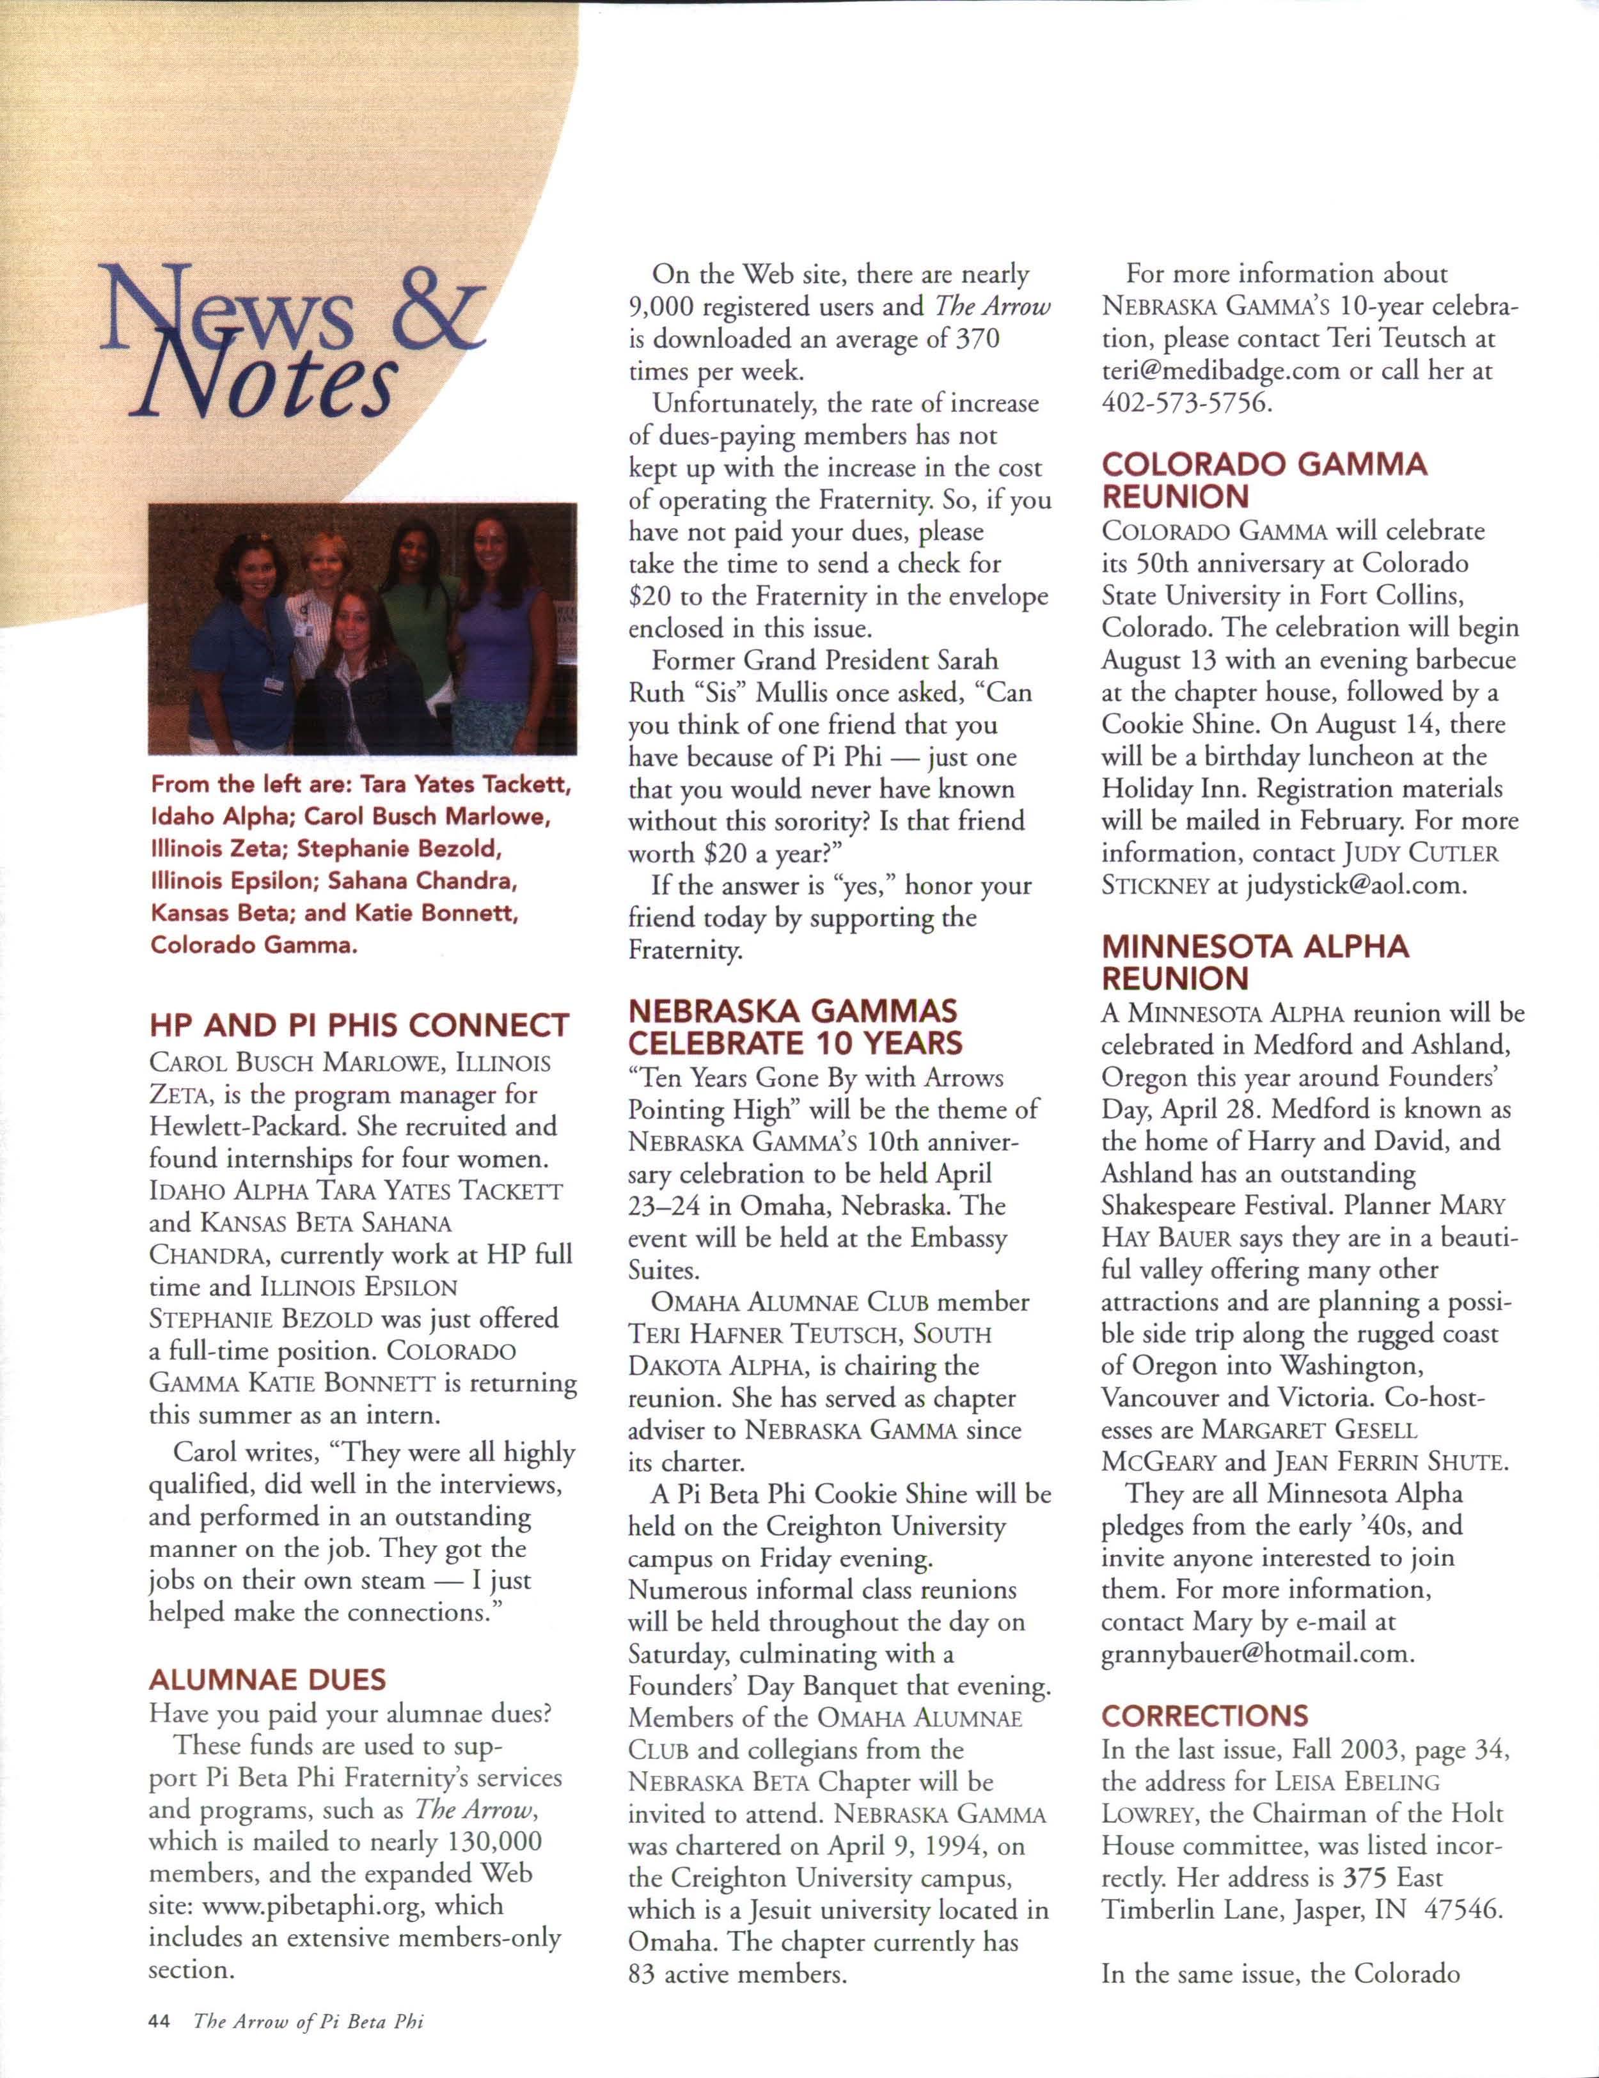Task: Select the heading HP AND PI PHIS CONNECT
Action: pos(359,1025)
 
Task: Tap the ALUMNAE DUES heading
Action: pos(267,1678)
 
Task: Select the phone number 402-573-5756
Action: pos(1186,402)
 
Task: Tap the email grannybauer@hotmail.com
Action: pos(1256,1653)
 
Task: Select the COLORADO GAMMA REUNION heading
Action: pos(1264,480)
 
